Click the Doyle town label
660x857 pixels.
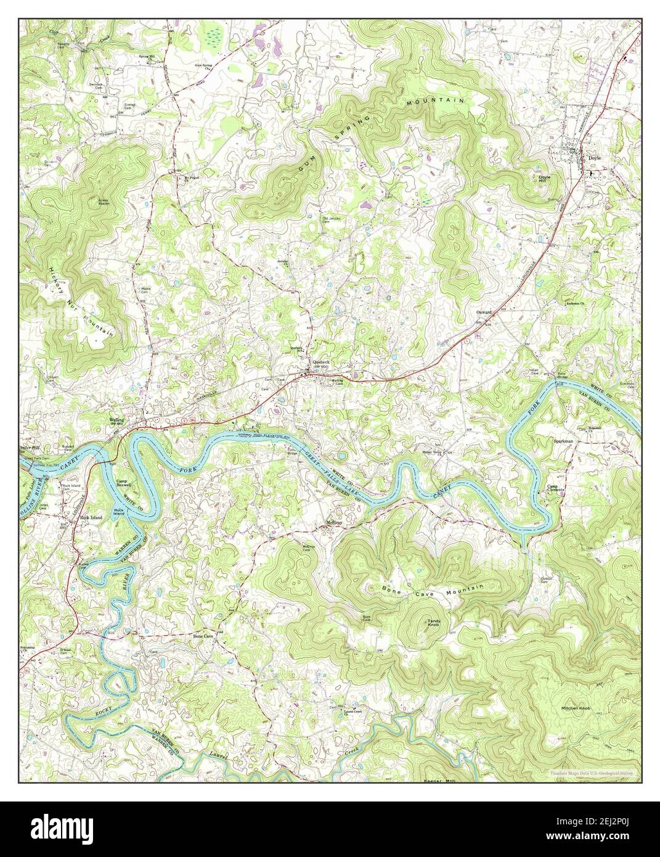coord(594,158)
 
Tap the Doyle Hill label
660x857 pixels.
coord(544,179)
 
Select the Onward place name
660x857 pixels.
coord(483,312)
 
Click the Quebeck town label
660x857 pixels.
coord(322,363)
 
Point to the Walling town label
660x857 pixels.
coord(117,420)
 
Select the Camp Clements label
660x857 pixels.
coord(557,488)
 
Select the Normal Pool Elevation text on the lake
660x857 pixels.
coord(262,436)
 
